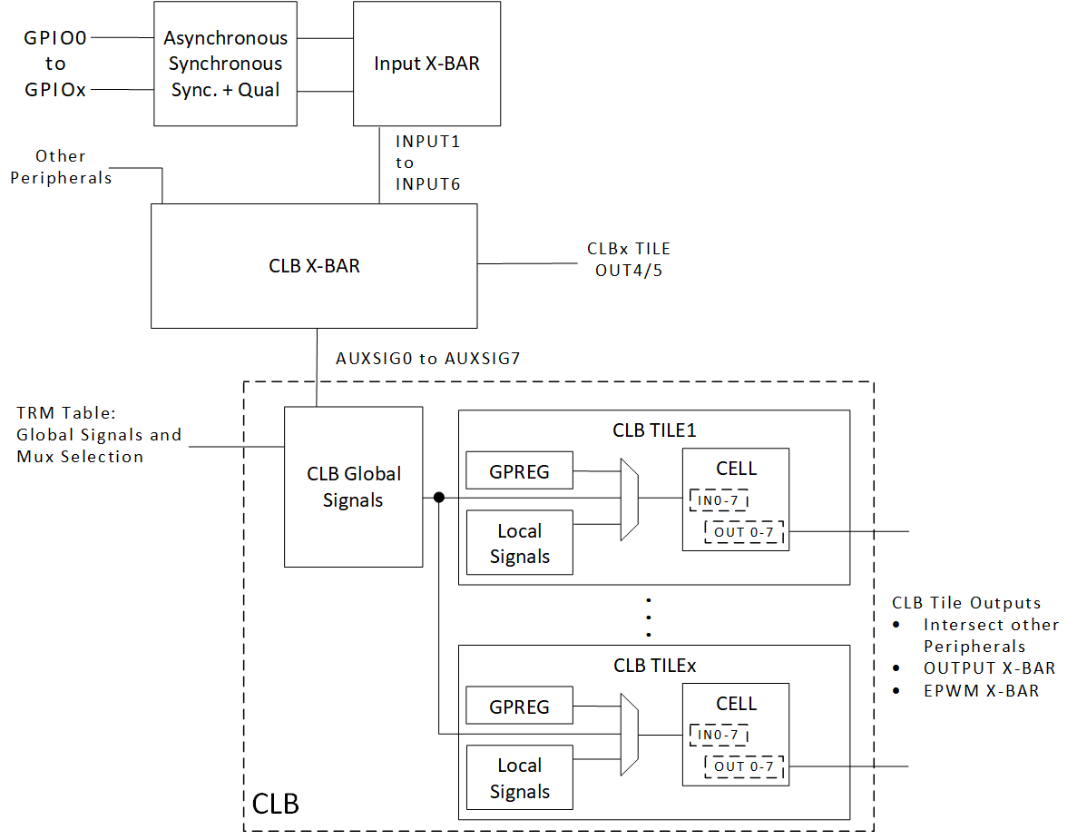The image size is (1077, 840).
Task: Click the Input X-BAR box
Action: point(426,64)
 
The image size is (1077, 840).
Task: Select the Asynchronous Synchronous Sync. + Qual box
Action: point(225,64)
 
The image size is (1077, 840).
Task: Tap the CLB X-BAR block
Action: point(314,266)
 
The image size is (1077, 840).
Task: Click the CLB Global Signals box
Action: point(353,487)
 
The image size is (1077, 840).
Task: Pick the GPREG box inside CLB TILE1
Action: point(519,471)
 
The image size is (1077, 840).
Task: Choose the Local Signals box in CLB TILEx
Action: point(519,778)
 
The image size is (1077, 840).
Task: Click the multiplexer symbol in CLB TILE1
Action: point(629,499)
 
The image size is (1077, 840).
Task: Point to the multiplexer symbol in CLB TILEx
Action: point(629,734)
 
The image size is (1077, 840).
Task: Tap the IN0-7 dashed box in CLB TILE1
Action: point(719,499)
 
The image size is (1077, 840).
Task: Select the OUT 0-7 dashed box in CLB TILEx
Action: point(744,766)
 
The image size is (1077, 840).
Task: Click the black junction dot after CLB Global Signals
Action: point(439,498)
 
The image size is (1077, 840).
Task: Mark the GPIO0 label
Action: point(55,38)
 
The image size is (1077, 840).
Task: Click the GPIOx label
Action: point(55,90)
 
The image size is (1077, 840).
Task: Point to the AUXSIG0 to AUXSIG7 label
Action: point(426,358)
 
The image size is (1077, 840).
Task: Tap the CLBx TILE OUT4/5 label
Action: point(629,259)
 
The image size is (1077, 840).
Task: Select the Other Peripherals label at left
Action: point(61,167)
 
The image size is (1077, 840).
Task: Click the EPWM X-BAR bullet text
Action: point(981,690)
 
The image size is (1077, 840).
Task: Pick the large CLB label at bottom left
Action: point(275,804)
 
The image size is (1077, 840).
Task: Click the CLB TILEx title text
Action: point(654,666)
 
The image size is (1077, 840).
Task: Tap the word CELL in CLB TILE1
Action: point(736,469)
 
